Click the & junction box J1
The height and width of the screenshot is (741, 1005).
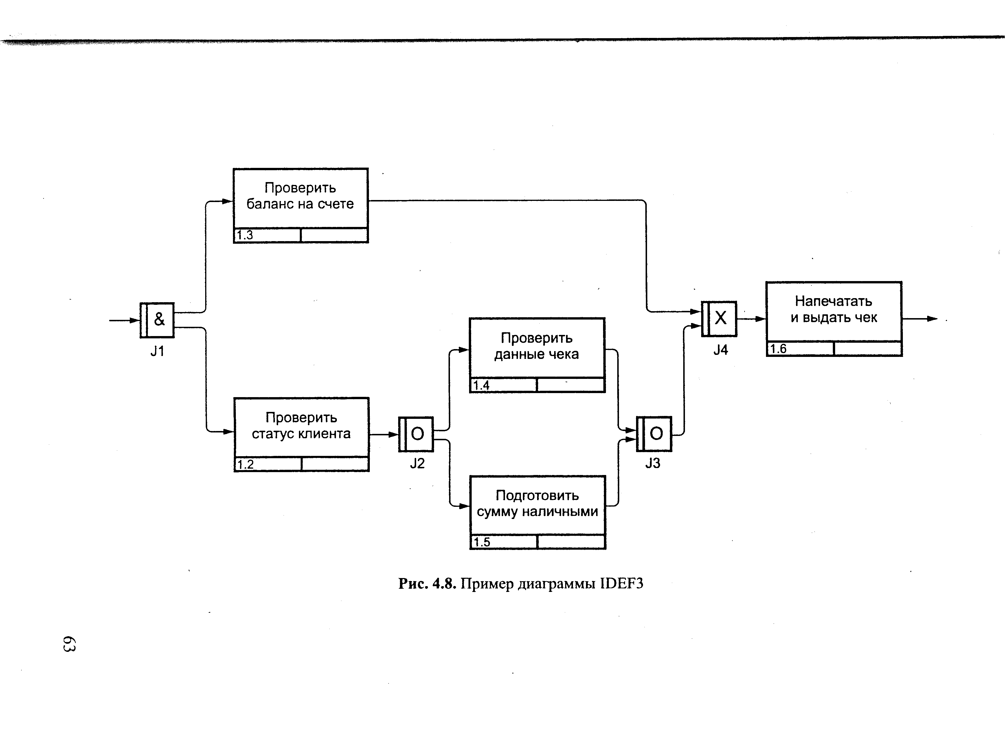(x=157, y=320)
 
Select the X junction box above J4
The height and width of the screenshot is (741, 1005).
(x=719, y=318)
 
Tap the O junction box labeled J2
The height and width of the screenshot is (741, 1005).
(x=416, y=434)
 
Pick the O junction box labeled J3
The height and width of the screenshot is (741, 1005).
(x=654, y=434)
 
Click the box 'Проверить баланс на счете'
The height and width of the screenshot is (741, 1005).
(x=300, y=198)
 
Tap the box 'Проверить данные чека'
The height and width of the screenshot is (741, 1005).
(x=537, y=348)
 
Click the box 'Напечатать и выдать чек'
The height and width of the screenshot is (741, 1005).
(x=834, y=311)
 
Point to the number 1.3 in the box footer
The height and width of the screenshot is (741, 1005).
(x=245, y=235)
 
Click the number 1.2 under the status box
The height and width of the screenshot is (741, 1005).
(x=245, y=464)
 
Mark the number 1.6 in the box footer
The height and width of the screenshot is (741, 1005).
(x=778, y=349)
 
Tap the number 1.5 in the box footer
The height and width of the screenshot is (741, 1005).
(x=482, y=542)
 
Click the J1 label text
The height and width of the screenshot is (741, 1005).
(x=157, y=351)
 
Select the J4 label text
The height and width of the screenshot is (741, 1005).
(x=720, y=350)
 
